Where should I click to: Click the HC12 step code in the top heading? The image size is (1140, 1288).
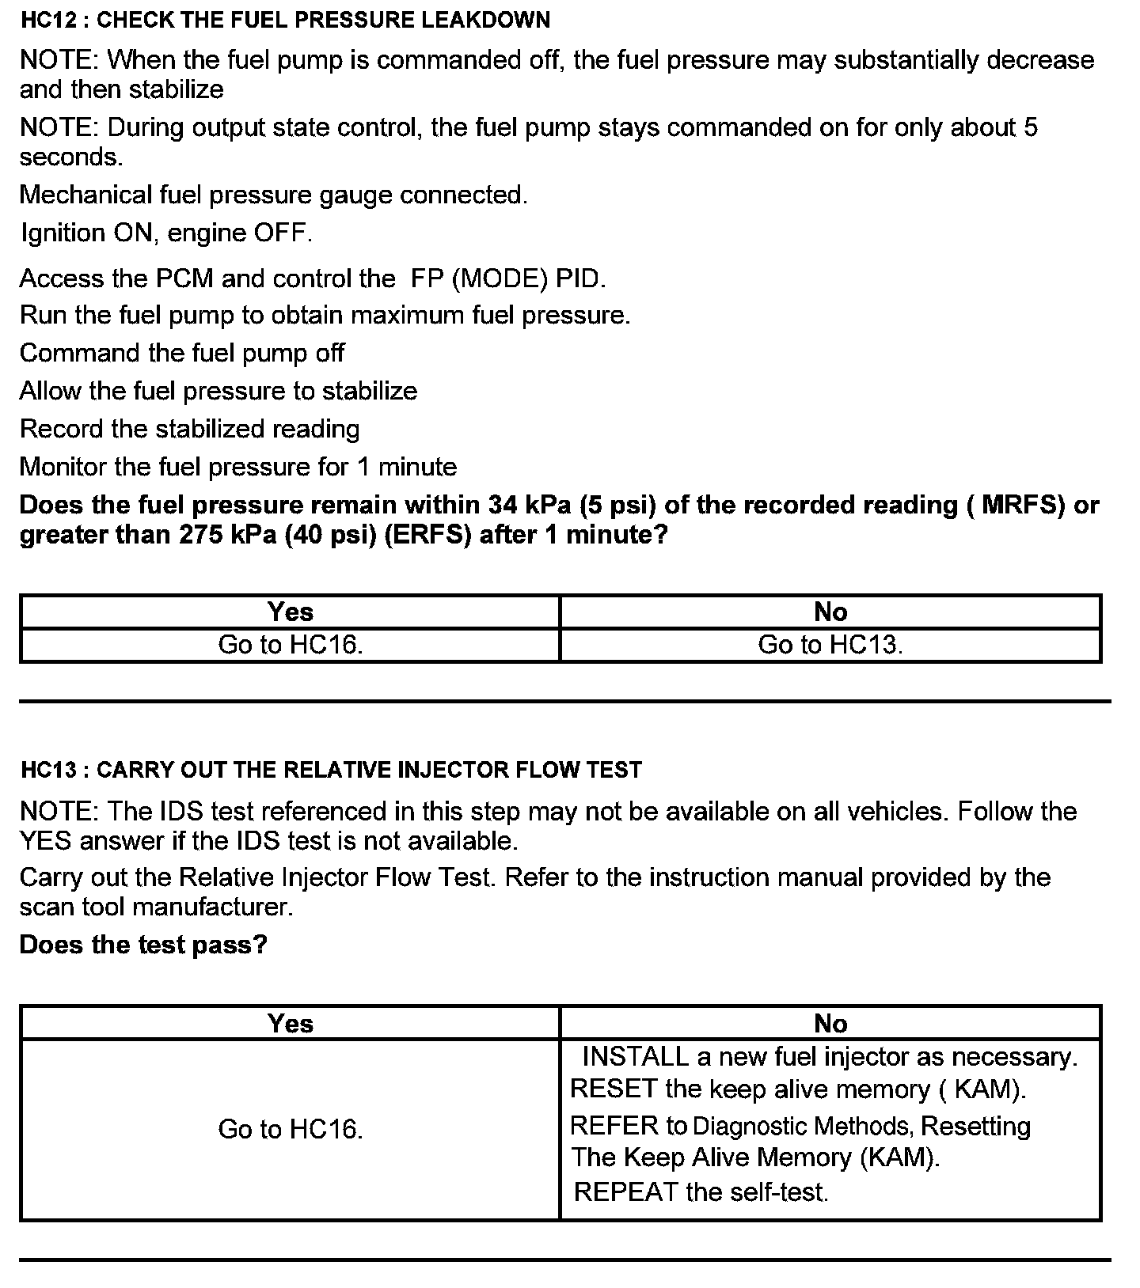pos(50,21)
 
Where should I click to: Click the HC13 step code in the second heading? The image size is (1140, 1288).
pos(50,770)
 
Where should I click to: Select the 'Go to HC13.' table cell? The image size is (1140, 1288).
pos(830,645)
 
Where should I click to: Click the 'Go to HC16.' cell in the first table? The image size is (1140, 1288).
pos(290,645)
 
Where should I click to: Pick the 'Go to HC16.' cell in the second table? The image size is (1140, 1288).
pos(290,1129)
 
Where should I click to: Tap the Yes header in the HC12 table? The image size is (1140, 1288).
pos(290,612)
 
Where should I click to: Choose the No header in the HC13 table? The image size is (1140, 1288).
pos(830,1024)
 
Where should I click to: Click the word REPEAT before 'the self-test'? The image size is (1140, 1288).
pos(625,1191)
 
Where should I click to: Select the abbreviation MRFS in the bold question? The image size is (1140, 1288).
pos(1022,505)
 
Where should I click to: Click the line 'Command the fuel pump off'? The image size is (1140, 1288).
pos(182,353)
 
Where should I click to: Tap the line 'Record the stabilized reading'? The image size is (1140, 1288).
pos(190,429)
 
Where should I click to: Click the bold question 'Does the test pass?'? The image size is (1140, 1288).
pos(143,945)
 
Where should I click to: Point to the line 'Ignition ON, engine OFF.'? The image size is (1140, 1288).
pos(166,233)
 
